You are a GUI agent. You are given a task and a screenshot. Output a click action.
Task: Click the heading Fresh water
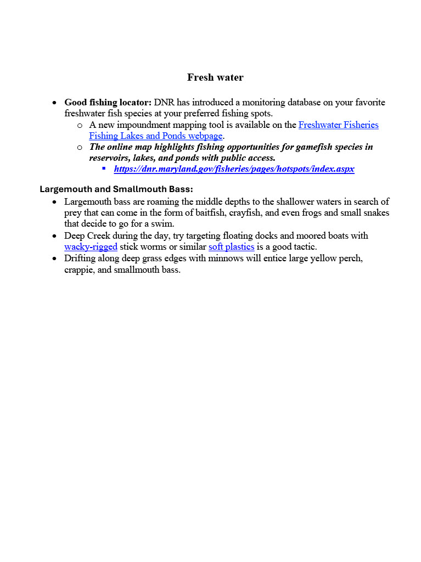pos(215,77)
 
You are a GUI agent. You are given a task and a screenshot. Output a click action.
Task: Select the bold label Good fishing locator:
pos(108,103)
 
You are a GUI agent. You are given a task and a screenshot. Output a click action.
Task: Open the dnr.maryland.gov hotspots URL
pos(234,169)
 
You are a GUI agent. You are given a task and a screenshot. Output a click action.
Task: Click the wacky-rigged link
pos(91,247)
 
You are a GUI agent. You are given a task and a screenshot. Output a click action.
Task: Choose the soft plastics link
pos(231,247)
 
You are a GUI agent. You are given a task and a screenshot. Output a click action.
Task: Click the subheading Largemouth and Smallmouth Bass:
pos(116,189)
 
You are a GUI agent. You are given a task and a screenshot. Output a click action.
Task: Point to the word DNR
pos(164,103)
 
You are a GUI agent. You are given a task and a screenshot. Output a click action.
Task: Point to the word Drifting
pos(80,258)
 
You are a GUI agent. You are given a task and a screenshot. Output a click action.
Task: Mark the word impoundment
pos(141,125)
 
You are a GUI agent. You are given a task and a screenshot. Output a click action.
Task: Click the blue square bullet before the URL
pos(104,168)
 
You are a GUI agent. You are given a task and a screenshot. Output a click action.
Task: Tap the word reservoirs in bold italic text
pos(110,158)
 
